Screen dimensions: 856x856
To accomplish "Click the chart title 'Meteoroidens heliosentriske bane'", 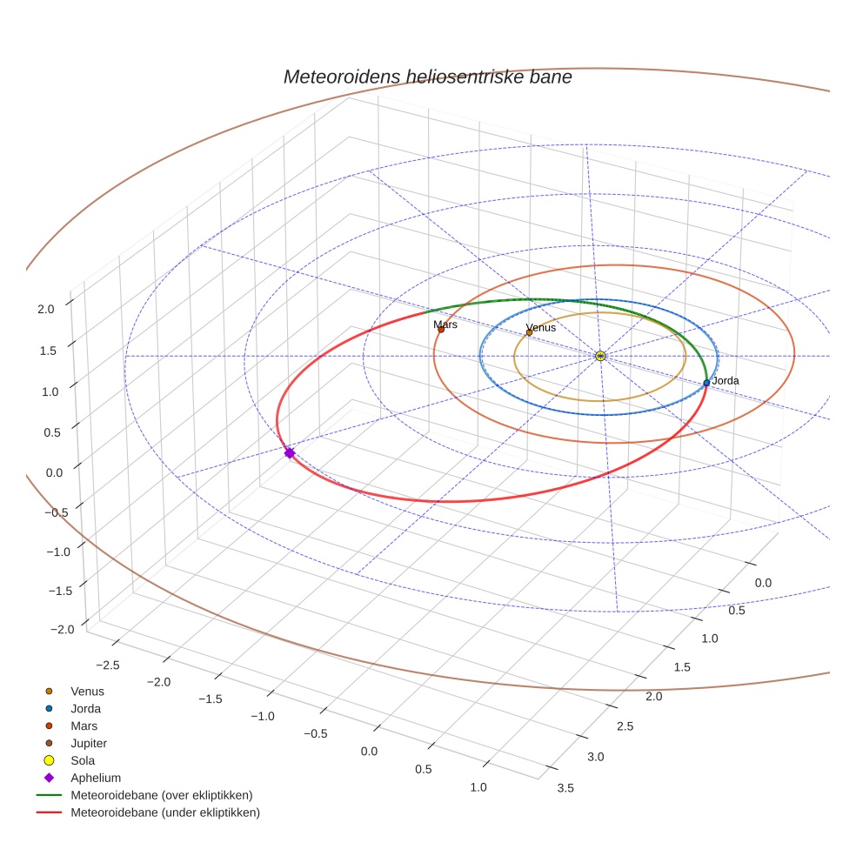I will (427, 77).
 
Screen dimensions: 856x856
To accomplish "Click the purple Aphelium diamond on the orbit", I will (290, 452).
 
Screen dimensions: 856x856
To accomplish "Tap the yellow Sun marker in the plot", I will (600, 356).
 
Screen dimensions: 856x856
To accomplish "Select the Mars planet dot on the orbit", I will (441, 329).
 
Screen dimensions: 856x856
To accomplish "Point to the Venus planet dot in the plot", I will (529, 332).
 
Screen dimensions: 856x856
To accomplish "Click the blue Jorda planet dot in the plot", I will (706, 383).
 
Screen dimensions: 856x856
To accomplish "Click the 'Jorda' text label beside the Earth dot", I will (725, 381).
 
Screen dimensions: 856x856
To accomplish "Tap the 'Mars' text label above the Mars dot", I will (445, 324).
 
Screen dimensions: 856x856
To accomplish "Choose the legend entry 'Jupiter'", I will (89, 743).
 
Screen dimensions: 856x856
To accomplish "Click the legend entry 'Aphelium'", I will (95, 778).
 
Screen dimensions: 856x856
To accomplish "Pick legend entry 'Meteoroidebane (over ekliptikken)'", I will (162, 795).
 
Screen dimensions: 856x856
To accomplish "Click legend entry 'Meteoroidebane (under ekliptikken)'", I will (165, 813).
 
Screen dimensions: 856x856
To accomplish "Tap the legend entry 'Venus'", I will (87, 691).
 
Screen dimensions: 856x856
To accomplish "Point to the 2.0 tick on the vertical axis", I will (45, 308).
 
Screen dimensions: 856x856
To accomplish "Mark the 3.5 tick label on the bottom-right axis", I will (564, 788).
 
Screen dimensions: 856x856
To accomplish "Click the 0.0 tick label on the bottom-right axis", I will (761, 582).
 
